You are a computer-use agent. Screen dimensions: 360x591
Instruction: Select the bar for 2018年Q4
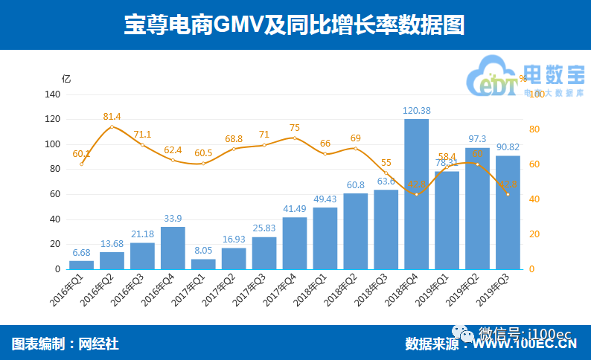pyautogui.click(x=417, y=193)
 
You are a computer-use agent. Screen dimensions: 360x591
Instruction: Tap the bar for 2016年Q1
pyautogui.click(x=82, y=265)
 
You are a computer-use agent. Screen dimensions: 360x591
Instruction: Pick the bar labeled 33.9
pyautogui.click(x=173, y=248)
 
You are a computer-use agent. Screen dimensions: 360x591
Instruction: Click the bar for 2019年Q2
pyautogui.click(x=478, y=208)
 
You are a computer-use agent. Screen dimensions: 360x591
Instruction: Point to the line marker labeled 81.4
pyautogui.click(x=112, y=127)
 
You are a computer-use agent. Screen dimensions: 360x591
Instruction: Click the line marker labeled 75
pyautogui.click(x=295, y=138)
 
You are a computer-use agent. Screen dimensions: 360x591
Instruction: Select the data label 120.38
pyautogui.click(x=417, y=111)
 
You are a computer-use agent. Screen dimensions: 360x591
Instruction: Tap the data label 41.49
pyautogui.click(x=295, y=209)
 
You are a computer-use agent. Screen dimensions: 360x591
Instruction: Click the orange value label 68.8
pyautogui.click(x=234, y=138)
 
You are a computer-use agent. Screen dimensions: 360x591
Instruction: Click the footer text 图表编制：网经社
pyautogui.click(x=66, y=344)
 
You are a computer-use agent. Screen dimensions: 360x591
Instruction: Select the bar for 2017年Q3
pyautogui.click(x=264, y=253)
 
